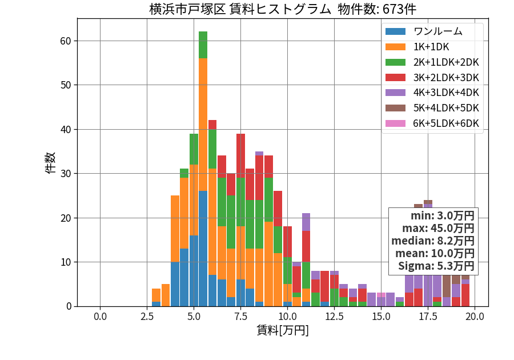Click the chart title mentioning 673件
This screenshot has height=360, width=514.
coord(283,9)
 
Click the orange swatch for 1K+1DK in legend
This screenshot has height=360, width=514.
coord(395,47)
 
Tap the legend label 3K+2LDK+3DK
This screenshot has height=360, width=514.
coord(446,77)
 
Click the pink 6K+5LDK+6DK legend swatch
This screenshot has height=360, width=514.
coord(395,123)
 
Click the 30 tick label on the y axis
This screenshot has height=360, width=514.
coord(66,174)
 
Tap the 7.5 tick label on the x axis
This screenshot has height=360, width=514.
coord(240,317)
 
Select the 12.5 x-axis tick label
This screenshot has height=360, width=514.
coord(334,317)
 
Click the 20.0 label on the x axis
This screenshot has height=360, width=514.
coord(475,317)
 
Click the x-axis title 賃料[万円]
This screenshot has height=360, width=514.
coord(283,330)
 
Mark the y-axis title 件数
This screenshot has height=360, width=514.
coord(50,163)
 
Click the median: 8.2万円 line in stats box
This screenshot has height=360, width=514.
coord(433,241)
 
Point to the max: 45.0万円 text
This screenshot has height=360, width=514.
coord(438,228)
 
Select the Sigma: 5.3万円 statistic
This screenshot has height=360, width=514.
coord(436,266)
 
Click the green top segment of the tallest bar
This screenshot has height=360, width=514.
coord(203,45)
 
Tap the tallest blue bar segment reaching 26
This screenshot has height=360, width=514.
coord(203,249)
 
